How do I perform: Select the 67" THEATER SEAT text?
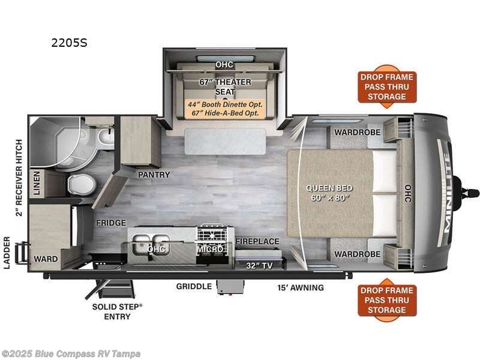(x=224, y=86)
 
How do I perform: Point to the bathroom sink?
(x=106, y=139)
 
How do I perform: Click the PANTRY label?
(x=154, y=175)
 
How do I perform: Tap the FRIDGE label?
(x=111, y=223)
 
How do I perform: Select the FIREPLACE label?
(x=257, y=241)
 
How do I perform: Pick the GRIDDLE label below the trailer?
(x=194, y=286)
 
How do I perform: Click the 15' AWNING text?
(x=301, y=287)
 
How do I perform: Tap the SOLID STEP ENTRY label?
(x=118, y=311)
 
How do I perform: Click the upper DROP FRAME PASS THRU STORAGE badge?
(x=387, y=87)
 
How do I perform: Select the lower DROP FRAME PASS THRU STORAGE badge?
(x=387, y=300)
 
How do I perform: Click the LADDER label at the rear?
(x=7, y=253)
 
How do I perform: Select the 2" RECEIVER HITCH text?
(x=19, y=178)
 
